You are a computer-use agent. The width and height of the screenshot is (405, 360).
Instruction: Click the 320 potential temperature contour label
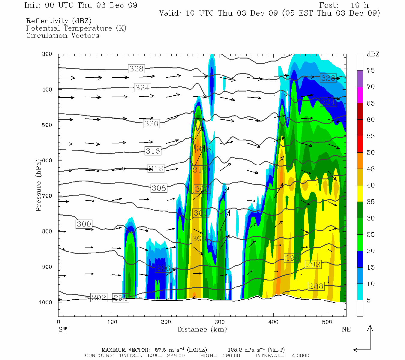[x=151, y=124]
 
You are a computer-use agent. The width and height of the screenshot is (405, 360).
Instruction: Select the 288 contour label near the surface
[x=316, y=286]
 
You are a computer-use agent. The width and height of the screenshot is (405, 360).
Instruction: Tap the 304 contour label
[x=200, y=213]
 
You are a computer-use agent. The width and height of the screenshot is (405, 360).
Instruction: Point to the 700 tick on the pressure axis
[x=47, y=196]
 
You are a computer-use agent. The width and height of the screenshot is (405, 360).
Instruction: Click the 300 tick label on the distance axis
[x=220, y=322]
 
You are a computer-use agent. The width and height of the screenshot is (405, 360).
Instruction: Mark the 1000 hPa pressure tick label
[x=46, y=302]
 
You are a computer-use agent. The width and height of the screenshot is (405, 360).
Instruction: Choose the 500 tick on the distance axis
[x=327, y=322]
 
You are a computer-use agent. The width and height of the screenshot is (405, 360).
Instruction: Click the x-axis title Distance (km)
[x=202, y=329]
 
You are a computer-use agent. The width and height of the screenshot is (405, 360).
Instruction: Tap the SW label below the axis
[x=63, y=329]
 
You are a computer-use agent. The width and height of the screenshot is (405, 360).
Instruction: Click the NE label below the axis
[x=346, y=329]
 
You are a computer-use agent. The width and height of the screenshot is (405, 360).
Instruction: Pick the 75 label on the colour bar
[x=370, y=70]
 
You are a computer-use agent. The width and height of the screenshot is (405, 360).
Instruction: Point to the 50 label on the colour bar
[x=370, y=152]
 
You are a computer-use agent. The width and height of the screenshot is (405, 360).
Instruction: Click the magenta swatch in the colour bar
[x=360, y=95]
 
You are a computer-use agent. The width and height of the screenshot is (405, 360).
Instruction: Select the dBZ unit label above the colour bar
[x=373, y=54]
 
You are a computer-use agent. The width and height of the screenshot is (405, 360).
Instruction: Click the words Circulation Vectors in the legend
[x=62, y=35]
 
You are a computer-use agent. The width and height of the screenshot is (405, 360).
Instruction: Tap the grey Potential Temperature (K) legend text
[x=76, y=28]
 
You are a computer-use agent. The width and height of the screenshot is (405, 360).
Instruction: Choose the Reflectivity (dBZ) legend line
[x=59, y=21]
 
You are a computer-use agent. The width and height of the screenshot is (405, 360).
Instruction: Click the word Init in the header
[x=32, y=5]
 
